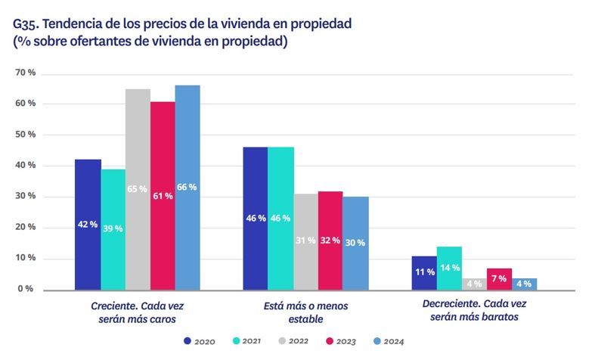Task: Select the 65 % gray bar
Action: pos(138,189)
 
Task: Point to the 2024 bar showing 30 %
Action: pos(355,243)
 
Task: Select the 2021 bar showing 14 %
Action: pos(449,268)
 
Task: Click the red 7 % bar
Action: pos(499,279)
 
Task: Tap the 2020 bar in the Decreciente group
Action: pos(424,272)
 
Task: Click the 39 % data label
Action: pos(113,228)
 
